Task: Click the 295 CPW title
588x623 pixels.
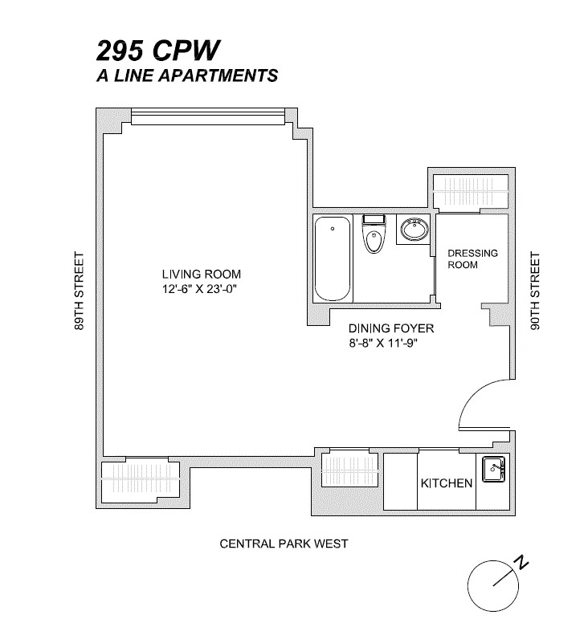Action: [x=157, y=51]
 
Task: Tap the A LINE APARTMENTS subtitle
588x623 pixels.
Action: [x=187, y=75]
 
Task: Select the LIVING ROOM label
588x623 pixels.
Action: [x=201, y=274]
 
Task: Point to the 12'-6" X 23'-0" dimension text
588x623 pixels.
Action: [x=199, y=289]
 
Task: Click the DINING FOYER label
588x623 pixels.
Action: [x=391, y=328]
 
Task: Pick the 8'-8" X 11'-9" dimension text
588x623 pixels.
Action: [x=383, y=343]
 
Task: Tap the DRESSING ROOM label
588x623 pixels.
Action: [x=472, y=259]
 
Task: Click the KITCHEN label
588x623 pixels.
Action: [x=447, y=483]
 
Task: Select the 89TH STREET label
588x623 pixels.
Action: [x=79, y=291]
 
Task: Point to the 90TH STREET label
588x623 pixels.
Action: [x=535, y=291]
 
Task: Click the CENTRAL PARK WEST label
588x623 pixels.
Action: [x=284, y=544]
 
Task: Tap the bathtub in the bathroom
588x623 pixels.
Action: [x=333, y=259]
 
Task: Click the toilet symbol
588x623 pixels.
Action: [x=374, y=234]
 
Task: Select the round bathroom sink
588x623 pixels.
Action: [x=414, y=230]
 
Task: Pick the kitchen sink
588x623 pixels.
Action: [x=493, y=469]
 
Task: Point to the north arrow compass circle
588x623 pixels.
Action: [x=493, y=586]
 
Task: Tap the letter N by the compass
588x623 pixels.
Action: [x=521, y=563]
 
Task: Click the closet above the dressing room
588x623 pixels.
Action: [x=471, y=191]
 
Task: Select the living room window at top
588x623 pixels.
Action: [x=208, y=117]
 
